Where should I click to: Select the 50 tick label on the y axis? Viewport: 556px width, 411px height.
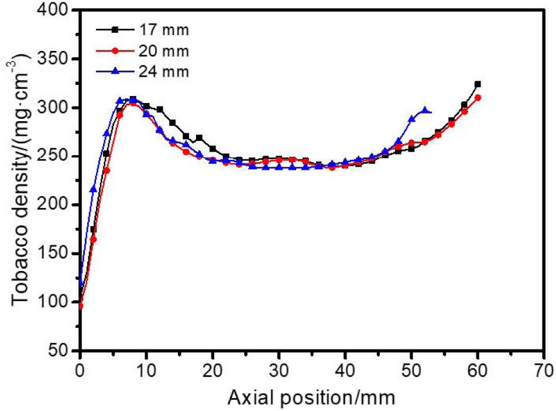coord(62,350)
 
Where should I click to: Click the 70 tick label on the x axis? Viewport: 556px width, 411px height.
coord(544,371)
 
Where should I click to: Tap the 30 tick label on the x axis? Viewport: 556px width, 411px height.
coord(279,371)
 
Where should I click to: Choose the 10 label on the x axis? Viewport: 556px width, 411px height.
coord(146,371)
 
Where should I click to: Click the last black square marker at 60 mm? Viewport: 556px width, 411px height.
coord(478,84)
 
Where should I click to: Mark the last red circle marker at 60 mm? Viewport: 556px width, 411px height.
coord(478,98)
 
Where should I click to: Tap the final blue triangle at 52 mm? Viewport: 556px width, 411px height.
coord(425,109)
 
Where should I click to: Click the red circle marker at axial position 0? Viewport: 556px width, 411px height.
coord(80,306)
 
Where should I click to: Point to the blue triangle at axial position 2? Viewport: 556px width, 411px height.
coord(94,189)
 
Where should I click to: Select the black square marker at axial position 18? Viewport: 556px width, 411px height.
coord(199,138)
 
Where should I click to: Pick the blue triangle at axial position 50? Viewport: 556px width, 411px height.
coord(411,119)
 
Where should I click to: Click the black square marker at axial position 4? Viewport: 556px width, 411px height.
coord(107,153)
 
